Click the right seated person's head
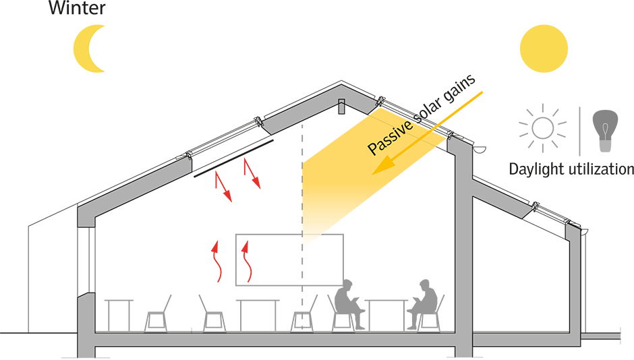[x=425, y=287]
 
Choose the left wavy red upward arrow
[x=217, y=263]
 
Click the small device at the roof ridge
[x=342, y=106]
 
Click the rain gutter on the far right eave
[x=583, y=232]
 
